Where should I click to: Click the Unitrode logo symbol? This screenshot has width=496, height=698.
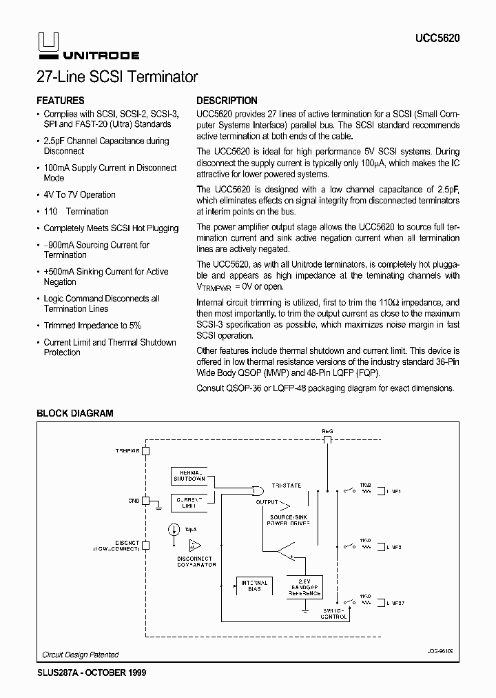click(47, 43)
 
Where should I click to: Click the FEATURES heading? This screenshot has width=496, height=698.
click(61, 101)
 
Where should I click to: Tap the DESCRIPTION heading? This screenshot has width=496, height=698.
click(227, 101)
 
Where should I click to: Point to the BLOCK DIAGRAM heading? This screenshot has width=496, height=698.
click(74, 413)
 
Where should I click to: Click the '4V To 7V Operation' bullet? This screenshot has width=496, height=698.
click(79, 195)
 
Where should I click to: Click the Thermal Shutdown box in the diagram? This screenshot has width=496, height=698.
click(188, 475)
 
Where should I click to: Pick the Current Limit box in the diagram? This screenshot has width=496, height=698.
click(188, 503)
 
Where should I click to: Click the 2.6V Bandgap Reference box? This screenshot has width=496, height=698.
click(304, 586)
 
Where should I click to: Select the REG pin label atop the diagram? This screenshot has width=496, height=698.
click(327, 431)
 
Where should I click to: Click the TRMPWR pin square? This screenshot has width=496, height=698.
click(147, 451)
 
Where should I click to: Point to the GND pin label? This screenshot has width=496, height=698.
click(134, 501)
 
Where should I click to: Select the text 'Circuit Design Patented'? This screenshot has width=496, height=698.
click(81, 655)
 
